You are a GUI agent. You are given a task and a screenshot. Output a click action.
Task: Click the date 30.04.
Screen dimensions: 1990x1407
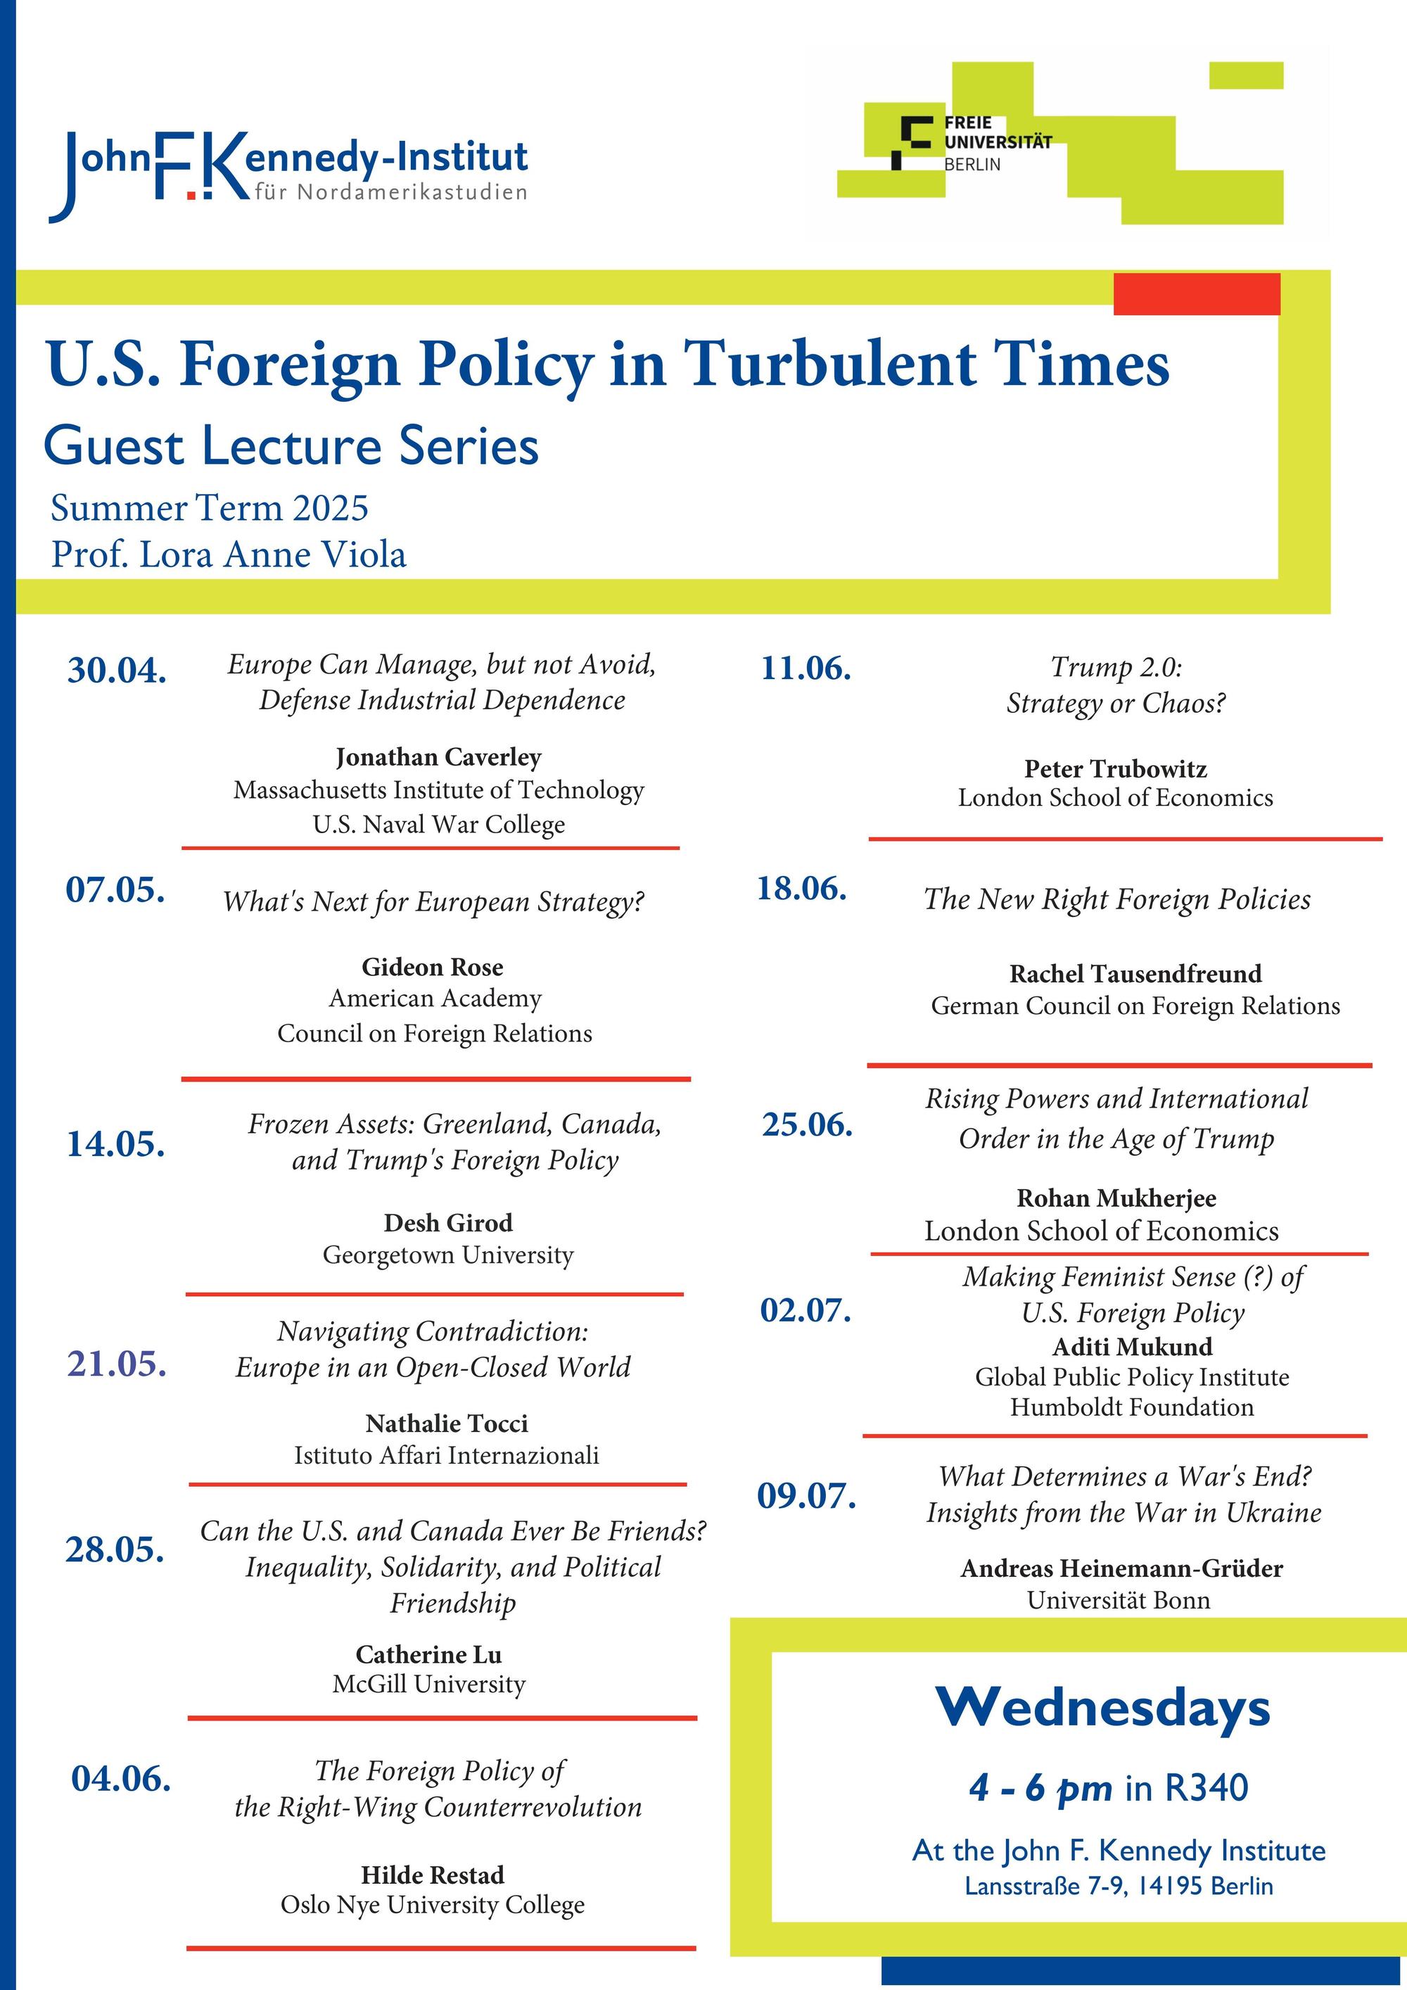coord(117,671)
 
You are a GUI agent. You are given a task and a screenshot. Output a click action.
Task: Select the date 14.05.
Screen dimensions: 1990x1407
coord(116,1144)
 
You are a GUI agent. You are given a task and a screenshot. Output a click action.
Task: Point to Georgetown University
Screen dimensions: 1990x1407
coord(448,1255)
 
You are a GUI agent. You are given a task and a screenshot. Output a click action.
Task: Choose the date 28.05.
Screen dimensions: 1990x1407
coord(115,1549)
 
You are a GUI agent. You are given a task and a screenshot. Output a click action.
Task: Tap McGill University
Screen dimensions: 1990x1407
coord(429,1684)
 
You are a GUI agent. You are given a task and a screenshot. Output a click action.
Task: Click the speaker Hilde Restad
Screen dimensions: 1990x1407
coord(433,1875)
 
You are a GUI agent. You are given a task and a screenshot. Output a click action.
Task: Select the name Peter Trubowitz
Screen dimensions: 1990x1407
coord(1115,769)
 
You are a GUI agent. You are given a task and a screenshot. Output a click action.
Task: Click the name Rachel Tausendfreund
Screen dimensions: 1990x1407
coord(1135,974)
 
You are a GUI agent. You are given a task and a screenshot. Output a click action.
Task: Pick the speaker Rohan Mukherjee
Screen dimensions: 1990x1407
coord(1116,1198)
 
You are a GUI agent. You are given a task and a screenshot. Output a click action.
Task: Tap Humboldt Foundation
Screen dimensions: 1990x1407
coord(1131,1407)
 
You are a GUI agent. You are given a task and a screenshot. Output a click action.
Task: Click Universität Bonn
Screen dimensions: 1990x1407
coord(1119,1600)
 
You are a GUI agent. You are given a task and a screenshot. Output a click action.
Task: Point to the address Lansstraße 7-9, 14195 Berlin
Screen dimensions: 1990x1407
coord(1119,1886)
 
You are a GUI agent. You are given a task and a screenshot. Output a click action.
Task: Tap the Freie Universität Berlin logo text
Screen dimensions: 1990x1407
coord(996,143)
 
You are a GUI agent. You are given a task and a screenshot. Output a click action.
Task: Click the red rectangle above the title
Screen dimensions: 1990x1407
coord(1196,294)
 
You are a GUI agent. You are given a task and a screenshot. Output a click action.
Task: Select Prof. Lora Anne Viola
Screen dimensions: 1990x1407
coord(228,554)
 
